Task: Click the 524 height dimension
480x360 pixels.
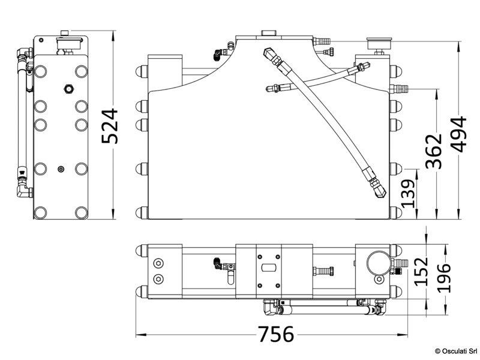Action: coord(110,126)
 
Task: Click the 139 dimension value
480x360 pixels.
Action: coord(408,194)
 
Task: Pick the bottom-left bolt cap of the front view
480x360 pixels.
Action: coord(142,213)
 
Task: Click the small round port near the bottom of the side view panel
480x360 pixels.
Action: coord(60,170)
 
